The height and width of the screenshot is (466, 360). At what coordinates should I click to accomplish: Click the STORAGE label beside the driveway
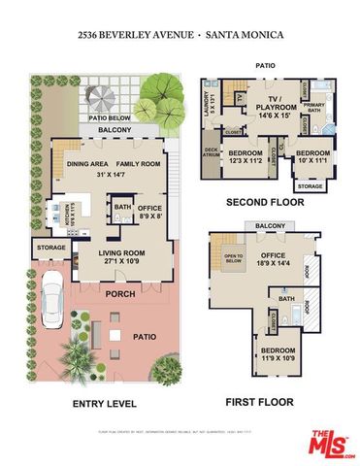[x=51, y=248]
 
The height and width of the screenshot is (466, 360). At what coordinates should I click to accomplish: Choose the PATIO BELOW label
[x=110, y=117]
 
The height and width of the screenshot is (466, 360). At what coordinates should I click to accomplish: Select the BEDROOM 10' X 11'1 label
[x=312, y=155]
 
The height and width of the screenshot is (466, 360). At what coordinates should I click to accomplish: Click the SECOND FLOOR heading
[x=265, y=203]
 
